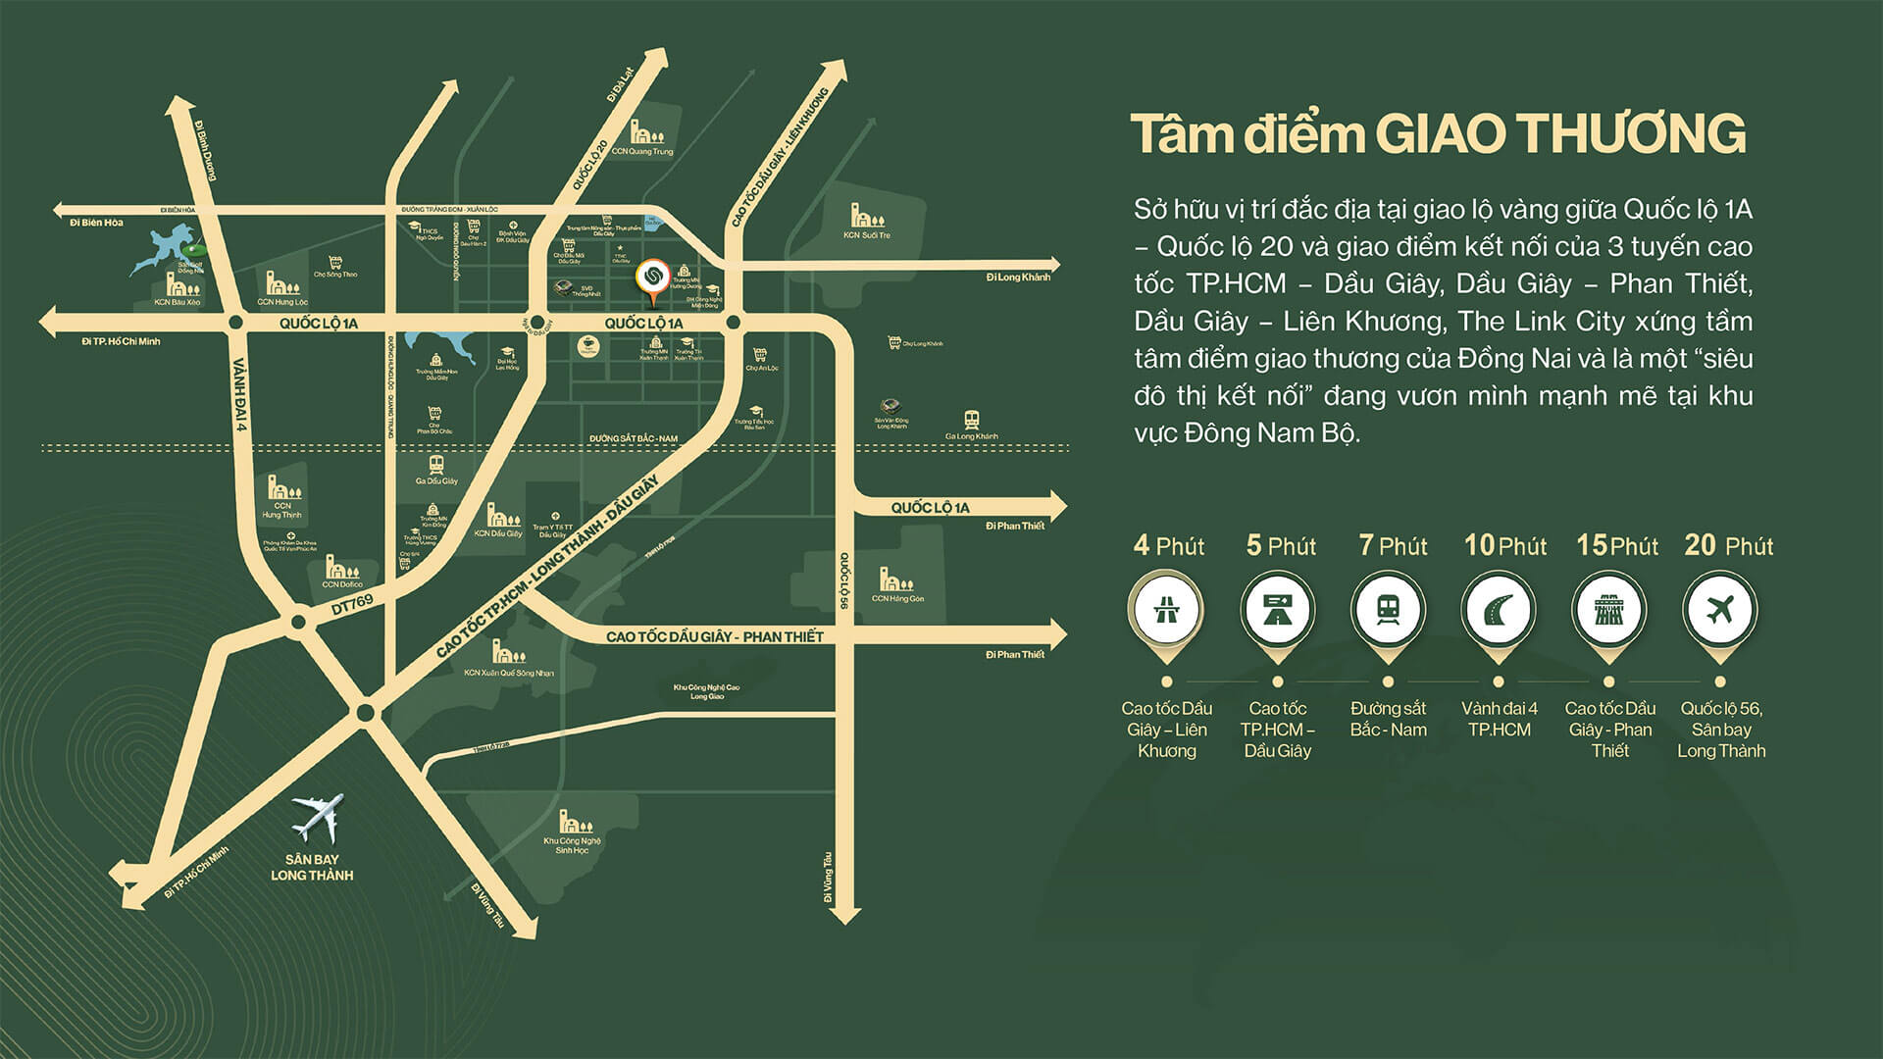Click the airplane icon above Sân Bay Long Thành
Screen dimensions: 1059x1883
pyautogui.click(x=319, y=818)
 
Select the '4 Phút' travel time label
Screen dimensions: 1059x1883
pyautogui.click(x=1168, y=545)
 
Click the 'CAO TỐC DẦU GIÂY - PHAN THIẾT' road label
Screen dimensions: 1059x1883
pyautogui.click(x=714, y=636)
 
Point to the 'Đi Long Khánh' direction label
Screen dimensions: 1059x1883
pyautogui.click(x=1018, y=277)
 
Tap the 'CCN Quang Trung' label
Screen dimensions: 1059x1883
pyautogui.click(x=642, y=152)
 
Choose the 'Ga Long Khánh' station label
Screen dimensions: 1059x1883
pyautogui.click(x=971, y=436)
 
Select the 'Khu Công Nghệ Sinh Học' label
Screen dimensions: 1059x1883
pyautogui.click(x=572, y=845)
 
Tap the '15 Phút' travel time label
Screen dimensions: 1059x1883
pyautogui.click(x=1617, y=545)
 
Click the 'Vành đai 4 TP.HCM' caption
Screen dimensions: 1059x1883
pyautogui.click(x=1499, y=719)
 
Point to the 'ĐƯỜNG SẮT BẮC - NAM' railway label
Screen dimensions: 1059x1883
pyautogui.click(x=646, y=437)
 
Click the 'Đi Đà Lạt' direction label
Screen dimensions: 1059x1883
pyautogui.click(x=615, y=84)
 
